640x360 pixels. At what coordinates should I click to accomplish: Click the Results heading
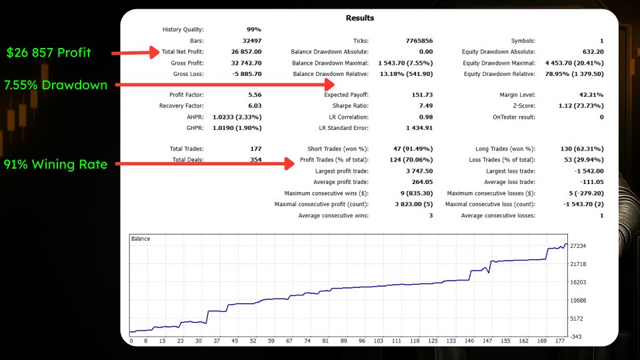[x=359, y=18]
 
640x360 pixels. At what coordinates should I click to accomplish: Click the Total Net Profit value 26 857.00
[x=246, y=51]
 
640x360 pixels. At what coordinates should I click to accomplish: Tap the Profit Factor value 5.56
[x=254, y=95]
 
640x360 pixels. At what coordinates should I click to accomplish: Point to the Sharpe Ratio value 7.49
[x=425, y=105]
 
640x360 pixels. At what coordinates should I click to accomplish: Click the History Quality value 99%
[x=254, y=29]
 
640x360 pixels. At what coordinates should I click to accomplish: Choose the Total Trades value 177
[x=255, y=149]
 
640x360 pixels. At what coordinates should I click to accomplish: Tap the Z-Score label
[x=523, y=105]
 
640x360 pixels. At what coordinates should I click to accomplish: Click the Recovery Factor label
[x=181, y=105]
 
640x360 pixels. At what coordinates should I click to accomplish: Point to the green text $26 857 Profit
[x=49, y=52]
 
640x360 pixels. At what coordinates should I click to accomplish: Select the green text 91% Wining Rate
[x=55, y=165]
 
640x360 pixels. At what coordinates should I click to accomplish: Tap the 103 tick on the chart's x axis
[x=378, y=341]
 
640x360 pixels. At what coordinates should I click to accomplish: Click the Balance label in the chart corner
[x=141, y=239]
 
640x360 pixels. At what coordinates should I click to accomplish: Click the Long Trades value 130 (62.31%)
[x=581, y=149]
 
